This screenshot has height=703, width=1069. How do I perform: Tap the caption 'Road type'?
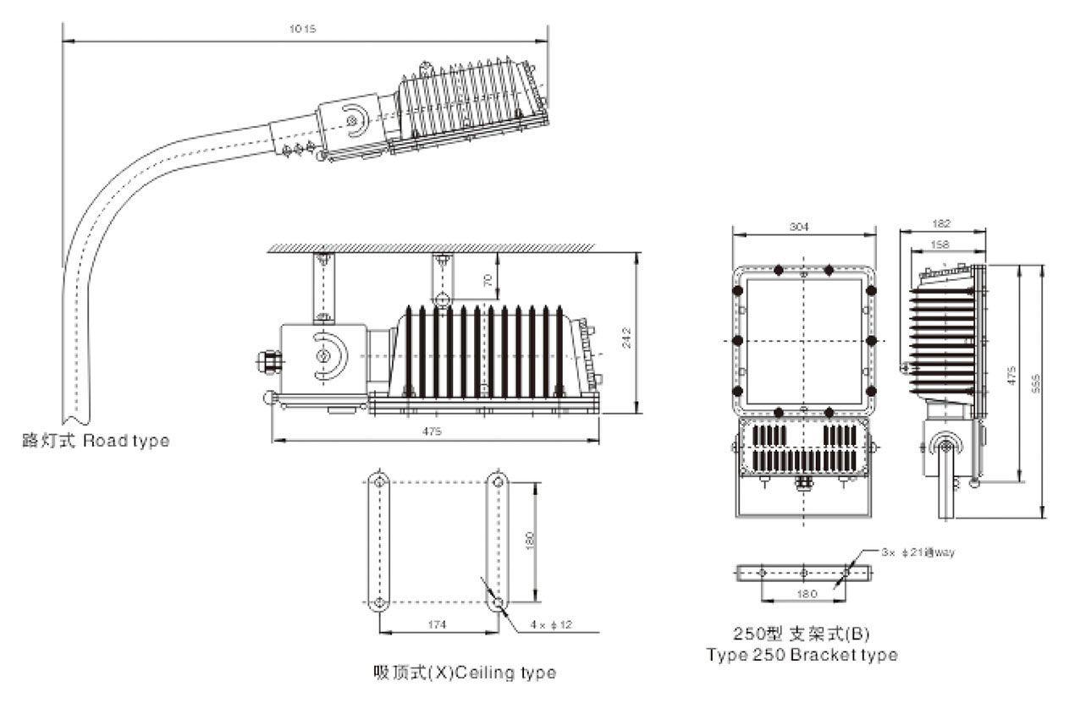(x=126, y=441)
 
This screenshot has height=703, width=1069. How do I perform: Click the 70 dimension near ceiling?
(x=487, y=281)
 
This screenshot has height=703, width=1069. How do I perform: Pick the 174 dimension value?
(x=438, y=624)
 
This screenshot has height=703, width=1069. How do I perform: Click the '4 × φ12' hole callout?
(x=552, y=624)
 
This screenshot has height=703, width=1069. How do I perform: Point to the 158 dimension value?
(x=940, y=244)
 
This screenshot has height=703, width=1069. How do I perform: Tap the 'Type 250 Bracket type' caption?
(x=802, y=655)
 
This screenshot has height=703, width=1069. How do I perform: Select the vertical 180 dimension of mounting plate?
(x=529, y=540)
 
